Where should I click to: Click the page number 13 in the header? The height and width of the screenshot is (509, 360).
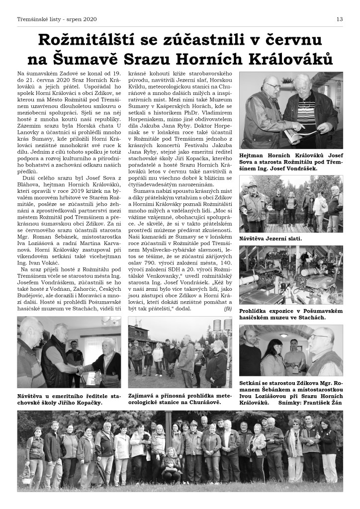coord(339,19)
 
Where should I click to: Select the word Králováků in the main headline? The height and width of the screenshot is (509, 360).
coord(290,59)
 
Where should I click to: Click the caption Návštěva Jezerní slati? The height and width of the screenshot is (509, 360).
coord(270,239)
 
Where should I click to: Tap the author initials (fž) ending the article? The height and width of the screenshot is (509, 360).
coord(228,309)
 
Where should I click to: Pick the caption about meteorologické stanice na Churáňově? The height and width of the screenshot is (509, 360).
coord(180,399)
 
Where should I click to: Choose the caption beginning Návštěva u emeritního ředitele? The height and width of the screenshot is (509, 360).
coord(69,399)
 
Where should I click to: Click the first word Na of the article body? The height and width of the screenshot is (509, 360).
coord(21,73)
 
